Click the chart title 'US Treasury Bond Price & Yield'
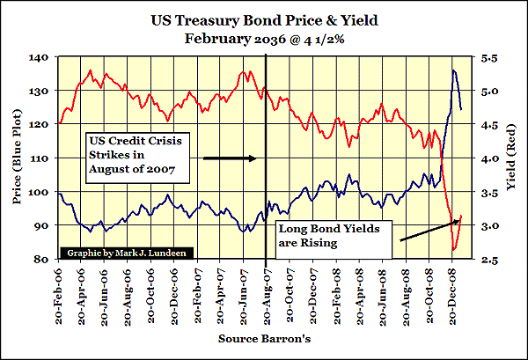point(264,18)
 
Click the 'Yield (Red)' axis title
point(510,158)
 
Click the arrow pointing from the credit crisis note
point(229,158)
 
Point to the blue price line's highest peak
point(453,70)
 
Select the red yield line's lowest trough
point(453,251)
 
